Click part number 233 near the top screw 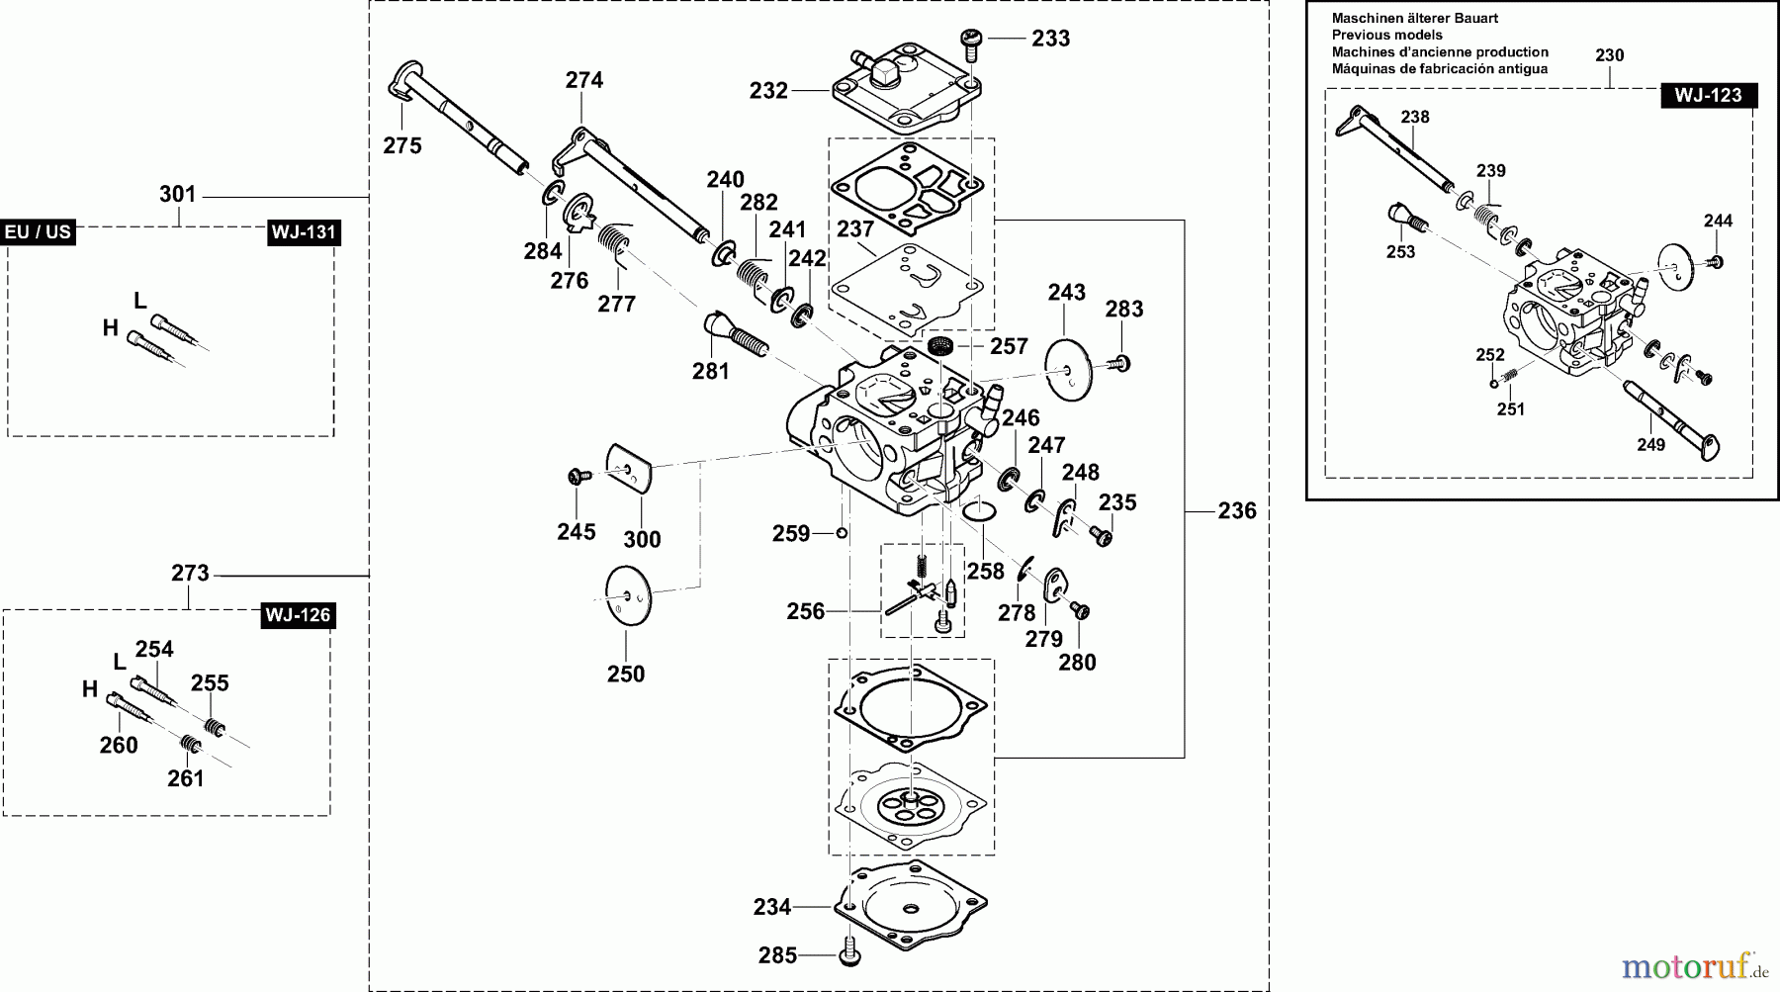click(x=1050, y=39)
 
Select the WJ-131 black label click(x=303, y=232)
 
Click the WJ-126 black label click(x=298, y=615)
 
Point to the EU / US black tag click(x=38, y=232)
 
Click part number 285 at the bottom click(x=777, y=955)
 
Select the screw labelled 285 click(x=848, y=956)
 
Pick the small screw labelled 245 click(x=575, y=477)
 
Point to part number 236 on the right click(x=1236, y=511)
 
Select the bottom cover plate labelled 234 click(x=910, y=900)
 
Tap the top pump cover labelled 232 click(x=900, y=94)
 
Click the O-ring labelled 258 click(x=979, y=509)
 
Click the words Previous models click(x=1386, y=35)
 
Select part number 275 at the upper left click(x=402, y=146)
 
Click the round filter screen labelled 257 click(x=940, y=347)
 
